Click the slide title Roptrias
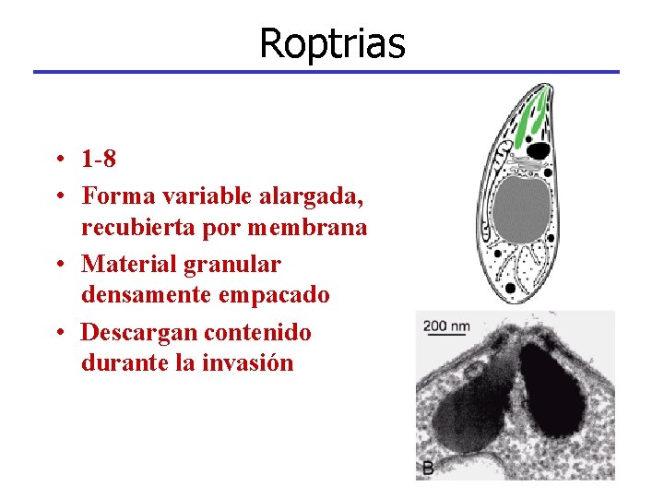[x=332, y=42]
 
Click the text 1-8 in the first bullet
[x=99, y=160]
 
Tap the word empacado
[x=268, y=295]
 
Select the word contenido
[x=258, y=332]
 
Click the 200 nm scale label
[x=446, y=326]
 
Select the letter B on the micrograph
[x=428, y=468]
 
